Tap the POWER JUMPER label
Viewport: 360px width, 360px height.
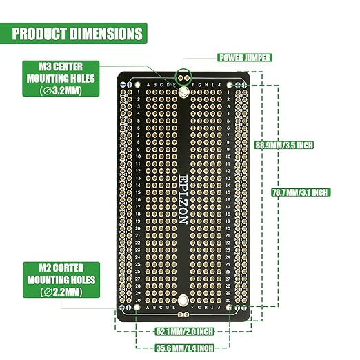click(244, 58)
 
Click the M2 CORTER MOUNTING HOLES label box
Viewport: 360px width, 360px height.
click(61, 280)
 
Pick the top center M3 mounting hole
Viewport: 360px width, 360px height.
click(183, 91)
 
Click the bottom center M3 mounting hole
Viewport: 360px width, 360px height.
click(183, 301)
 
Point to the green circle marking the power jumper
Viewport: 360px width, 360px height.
click(183, 76)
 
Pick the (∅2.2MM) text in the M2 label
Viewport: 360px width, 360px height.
click(61, 292)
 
